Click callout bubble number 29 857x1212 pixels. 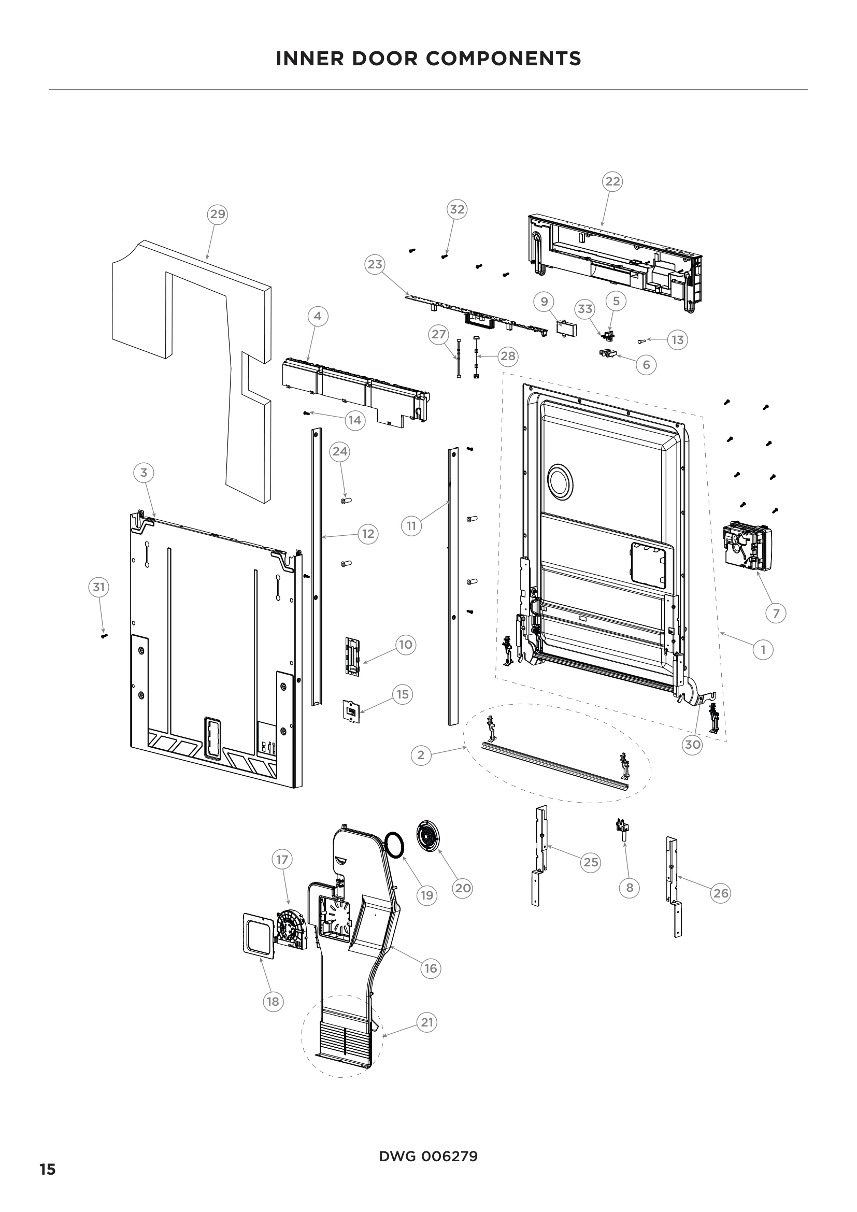coord(218,215)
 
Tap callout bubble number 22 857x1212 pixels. coord(612,181)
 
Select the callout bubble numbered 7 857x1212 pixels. coord(776,614)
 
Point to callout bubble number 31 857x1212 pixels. coord(98,587)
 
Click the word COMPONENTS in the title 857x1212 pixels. coord(504,59)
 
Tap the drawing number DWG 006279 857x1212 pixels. coord(428,1157)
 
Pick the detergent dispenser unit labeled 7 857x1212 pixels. coord(747,547)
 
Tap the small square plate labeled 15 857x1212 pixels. coord(351,711)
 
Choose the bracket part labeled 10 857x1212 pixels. coord(352,655)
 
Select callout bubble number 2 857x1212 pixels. coord(421,755)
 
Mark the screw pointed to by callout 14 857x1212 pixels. coord(306,413)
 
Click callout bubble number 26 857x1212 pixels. coord(721,893)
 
